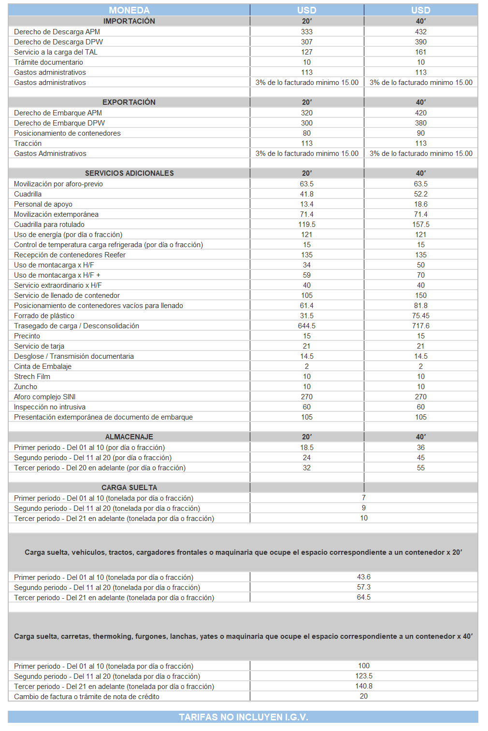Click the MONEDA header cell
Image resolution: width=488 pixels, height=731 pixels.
point(129,10)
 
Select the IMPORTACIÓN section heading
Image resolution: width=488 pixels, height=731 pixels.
point(129,21)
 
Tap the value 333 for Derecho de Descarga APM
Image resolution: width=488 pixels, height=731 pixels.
point(307,32)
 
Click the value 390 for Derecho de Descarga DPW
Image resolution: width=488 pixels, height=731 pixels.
point(421,42)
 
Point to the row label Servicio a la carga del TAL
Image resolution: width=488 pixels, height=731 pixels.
point(56,52)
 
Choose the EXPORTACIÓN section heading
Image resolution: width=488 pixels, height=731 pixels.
point(129,102)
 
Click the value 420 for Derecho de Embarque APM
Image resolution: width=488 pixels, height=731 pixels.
point(421,113)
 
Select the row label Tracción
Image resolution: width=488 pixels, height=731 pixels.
point(28,143)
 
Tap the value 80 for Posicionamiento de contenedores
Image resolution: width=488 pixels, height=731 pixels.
point(307,133)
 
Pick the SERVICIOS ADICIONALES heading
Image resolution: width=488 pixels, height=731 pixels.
point(129,173)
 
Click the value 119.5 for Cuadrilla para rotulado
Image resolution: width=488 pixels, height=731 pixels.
point(307,225)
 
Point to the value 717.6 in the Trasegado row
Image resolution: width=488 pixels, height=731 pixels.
point(421,326)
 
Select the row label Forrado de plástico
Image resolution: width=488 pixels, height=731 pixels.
point(44,316)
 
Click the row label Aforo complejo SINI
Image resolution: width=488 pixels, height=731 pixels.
point(44,397)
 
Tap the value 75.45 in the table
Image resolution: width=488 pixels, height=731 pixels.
point(421,316)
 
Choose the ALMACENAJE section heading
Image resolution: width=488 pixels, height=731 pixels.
point(129,437)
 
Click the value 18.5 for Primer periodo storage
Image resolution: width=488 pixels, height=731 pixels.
point(307,448)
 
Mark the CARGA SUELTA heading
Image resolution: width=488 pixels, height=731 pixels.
point(129,488)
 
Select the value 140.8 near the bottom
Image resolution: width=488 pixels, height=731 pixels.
point(364,686)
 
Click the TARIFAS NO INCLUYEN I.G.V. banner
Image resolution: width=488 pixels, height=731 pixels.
point(243,717)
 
